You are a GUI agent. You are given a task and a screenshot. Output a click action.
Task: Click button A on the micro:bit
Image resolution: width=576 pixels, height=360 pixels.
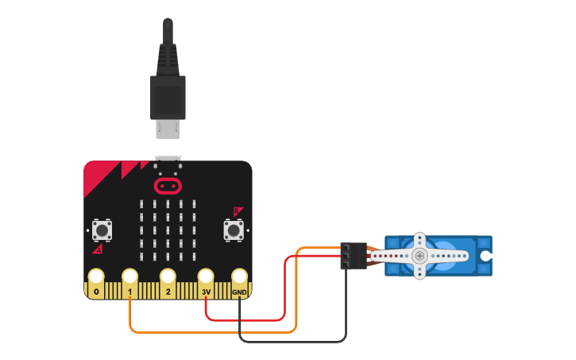(x=101, y=230)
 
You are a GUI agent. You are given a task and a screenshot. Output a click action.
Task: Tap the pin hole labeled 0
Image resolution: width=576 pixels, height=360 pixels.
(x=96, y=277)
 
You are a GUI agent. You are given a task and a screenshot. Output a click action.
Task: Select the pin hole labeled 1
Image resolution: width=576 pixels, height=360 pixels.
(x=130, y=277)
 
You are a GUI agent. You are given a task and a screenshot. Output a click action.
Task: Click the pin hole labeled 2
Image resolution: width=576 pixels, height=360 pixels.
(x=168, y=277)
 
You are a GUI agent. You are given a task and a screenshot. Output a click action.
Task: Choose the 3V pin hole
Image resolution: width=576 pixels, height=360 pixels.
(x=206, y=277)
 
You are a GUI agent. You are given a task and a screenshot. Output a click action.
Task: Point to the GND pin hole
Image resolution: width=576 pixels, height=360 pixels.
(x=239, y=277)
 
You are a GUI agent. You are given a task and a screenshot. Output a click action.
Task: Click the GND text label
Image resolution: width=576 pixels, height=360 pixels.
(x=239, y=292)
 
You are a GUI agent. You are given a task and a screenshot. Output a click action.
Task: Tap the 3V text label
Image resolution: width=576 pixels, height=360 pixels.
(x=206, y=292)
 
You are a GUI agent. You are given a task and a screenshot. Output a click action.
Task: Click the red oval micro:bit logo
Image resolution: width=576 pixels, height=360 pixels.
(x=168, y=186)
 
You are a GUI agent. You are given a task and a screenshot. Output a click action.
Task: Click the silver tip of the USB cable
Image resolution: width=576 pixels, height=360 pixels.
(x=168, y=129)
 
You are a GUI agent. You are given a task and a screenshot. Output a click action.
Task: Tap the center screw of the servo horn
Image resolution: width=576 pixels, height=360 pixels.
(x=419, y=256)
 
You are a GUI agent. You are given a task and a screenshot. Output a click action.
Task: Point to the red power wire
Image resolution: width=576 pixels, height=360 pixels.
(x=246, y=320)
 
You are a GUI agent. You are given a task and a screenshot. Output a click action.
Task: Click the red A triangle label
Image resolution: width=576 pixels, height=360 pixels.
(x=98, y=250)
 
